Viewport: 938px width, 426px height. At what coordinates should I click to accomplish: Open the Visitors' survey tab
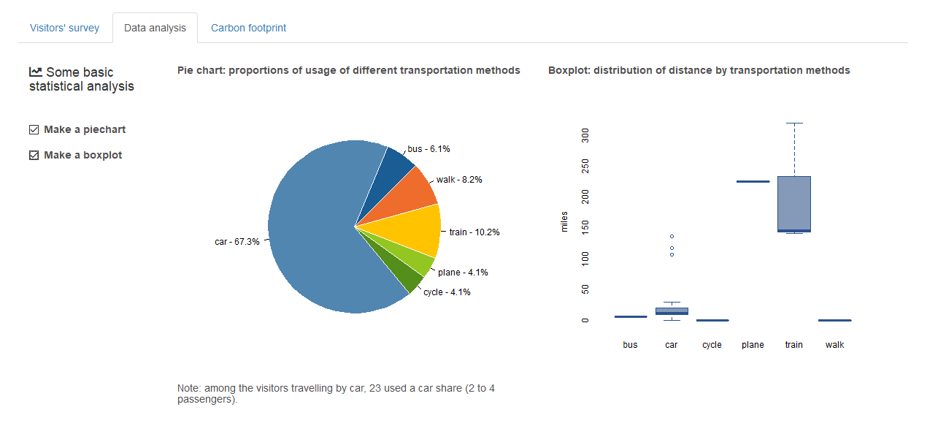coord(64,28)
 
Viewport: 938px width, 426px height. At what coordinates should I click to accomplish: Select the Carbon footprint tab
coord(248,28)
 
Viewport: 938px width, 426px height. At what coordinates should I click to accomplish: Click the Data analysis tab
coord(155,28)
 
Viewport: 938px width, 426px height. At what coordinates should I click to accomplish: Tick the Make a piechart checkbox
coord(34,130)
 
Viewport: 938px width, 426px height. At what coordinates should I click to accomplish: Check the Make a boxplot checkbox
coord(34,156)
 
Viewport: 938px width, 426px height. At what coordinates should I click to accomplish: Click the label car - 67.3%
coord(237,242)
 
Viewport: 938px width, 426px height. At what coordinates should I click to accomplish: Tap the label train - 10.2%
coord(474,232)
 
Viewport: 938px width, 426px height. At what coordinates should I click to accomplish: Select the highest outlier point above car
coord(672,236)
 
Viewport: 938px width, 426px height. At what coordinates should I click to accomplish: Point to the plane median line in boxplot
coord(753,181)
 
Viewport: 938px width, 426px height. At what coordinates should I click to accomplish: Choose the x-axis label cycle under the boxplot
coord(712,345)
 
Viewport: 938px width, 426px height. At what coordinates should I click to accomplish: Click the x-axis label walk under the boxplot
coord(834,345)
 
